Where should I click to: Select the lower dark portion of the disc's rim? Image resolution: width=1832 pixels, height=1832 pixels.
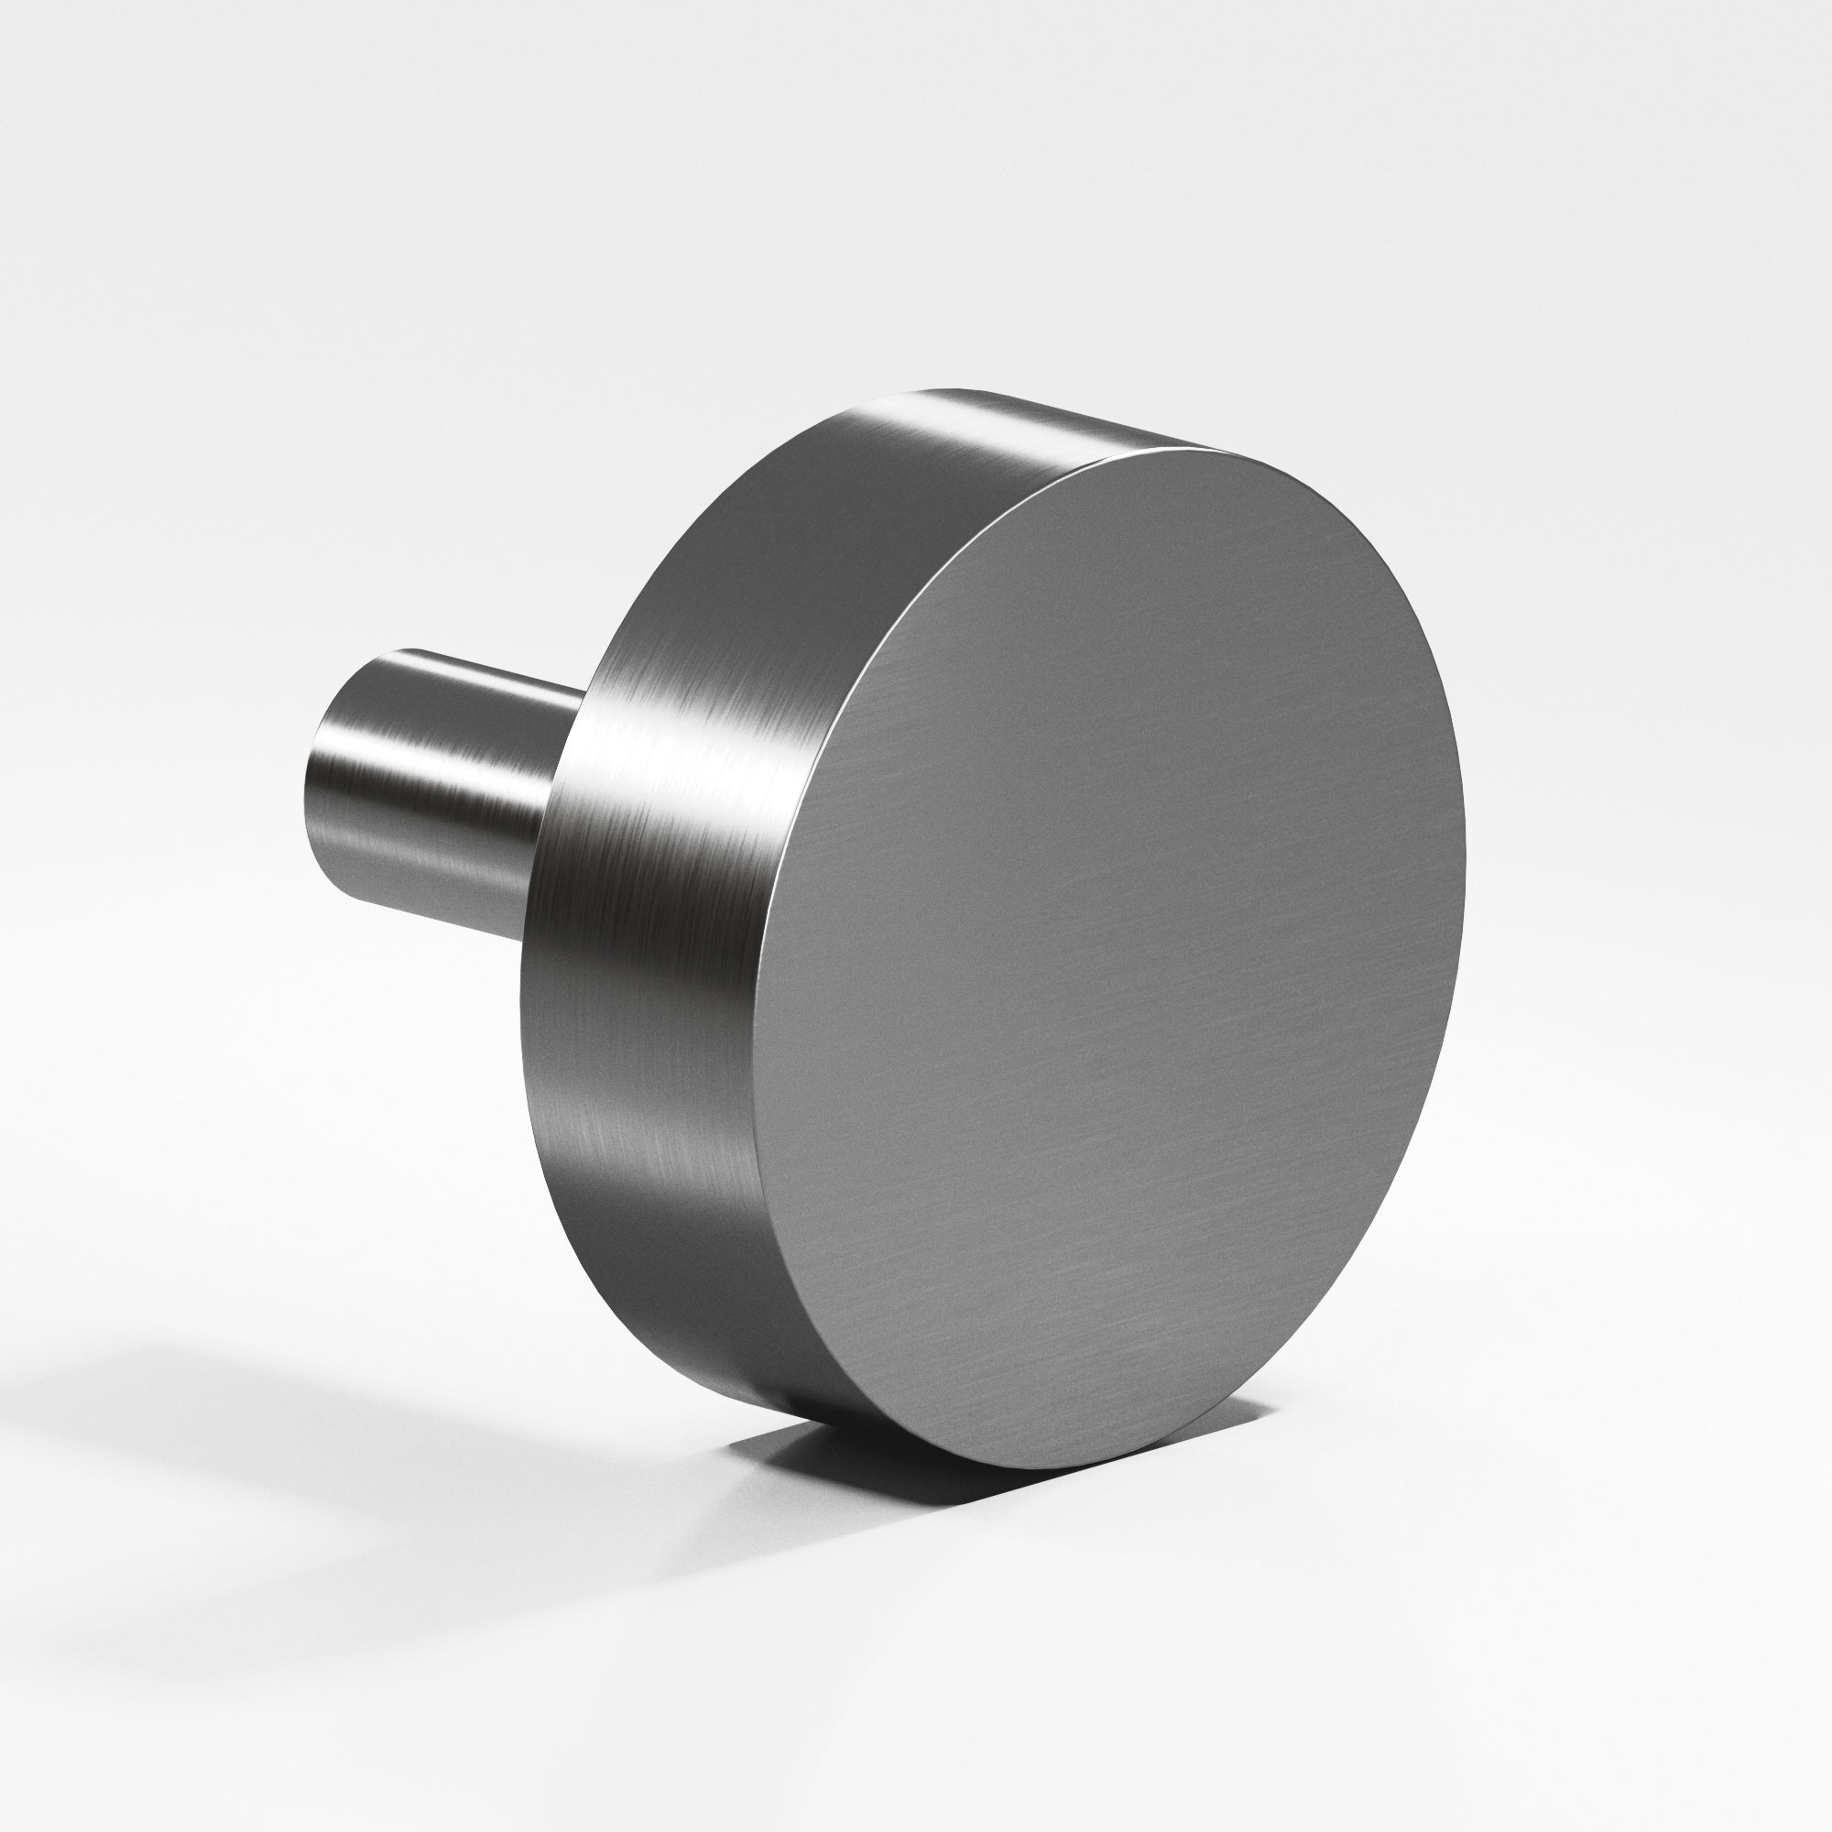click(x=664, y=1281)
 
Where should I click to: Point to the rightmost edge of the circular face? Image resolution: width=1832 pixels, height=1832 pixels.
click(x=1465, y=854)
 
